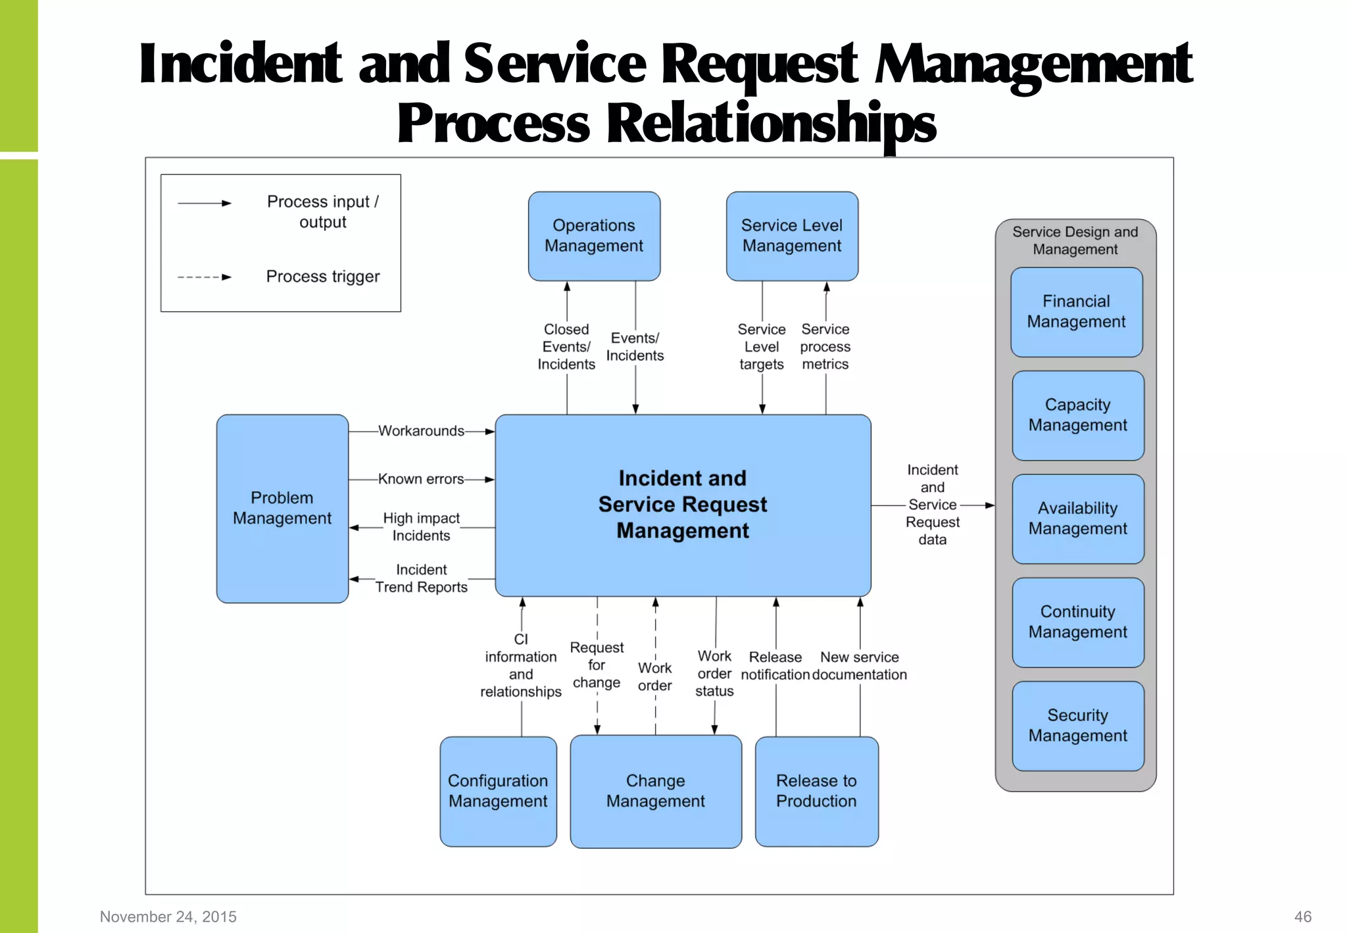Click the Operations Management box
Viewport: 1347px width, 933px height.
pyautogui.click(x=594, y=236)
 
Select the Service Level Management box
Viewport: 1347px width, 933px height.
pyautogui.click(x=792, y=236)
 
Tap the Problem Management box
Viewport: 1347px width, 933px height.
pyautogui.click(x=282, y=508)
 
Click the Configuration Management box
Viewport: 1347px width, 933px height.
pyautogui.click(x=498, y=791)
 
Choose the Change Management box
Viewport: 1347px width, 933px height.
pyautogui.click(x=655, y=791)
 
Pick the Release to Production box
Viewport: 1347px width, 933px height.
pyautogui.click(x=816, y=791)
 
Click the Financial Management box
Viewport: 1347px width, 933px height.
pyautogui.click(x=1076, y=312)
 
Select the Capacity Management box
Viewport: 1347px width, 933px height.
pyautogui.click(x=1077, y=415)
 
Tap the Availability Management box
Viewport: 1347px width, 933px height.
pyautogui.click(x=1077, y=518)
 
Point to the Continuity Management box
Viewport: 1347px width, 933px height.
pyautogui.click(x=1077, y=622)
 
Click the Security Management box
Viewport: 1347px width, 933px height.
pyautogui.click(x=1077, y=725)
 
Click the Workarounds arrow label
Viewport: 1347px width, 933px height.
pyautogui.click(x=421, y=431)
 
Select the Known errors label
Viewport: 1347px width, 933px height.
pyautogui.click(x=421, y=479)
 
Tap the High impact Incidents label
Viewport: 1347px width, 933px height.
pyautogui.click(x=421, y=527)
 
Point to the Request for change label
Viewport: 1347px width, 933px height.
pyautogui.click(x=597, y=665)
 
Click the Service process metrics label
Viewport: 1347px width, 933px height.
pyautogui.click(x=825, y=347)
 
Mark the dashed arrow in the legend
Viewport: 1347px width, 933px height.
pyautogui.click(x=205, y=277)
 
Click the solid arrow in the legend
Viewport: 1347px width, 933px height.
pyautogui.click(x=205, y=203)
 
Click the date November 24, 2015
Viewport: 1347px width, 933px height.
pyautogui.click(x=168, y=917)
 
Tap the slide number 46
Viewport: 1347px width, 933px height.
pyautogui.click(x=1302, y=917)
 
